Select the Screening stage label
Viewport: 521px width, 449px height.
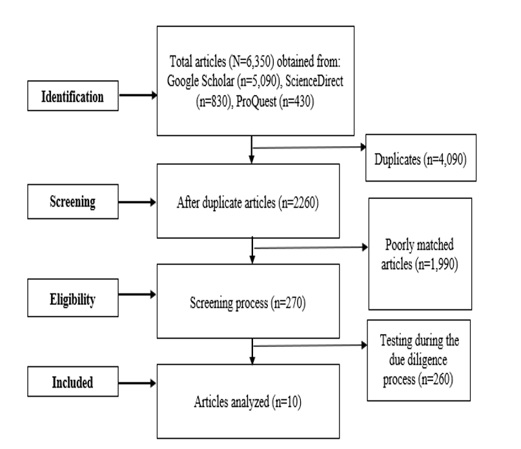pos(73,202)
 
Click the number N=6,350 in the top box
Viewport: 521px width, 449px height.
pos(247,62)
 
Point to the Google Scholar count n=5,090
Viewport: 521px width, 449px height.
pos(260,81)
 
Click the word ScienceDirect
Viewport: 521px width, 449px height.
pos(314,81)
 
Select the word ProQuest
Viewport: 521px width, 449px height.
pos(256,101)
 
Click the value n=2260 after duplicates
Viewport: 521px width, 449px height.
pos(300,203)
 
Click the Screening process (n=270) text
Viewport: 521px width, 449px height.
pos(248,303)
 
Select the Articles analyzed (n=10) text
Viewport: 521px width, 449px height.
pos(248,402)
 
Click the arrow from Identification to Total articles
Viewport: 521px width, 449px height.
pos(138,96)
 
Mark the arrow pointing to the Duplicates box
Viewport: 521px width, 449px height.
pos(309,147)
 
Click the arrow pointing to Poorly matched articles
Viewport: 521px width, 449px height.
pos(311,247)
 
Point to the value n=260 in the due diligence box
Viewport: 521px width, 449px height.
pos(436,379)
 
